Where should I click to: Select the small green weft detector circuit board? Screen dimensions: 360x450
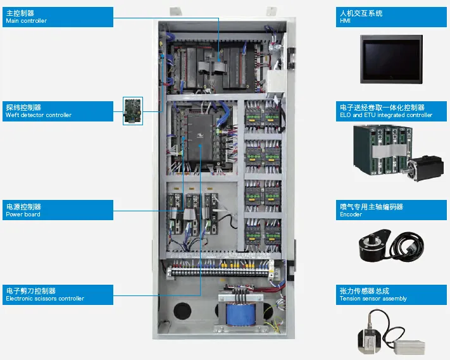coord(132,111)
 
